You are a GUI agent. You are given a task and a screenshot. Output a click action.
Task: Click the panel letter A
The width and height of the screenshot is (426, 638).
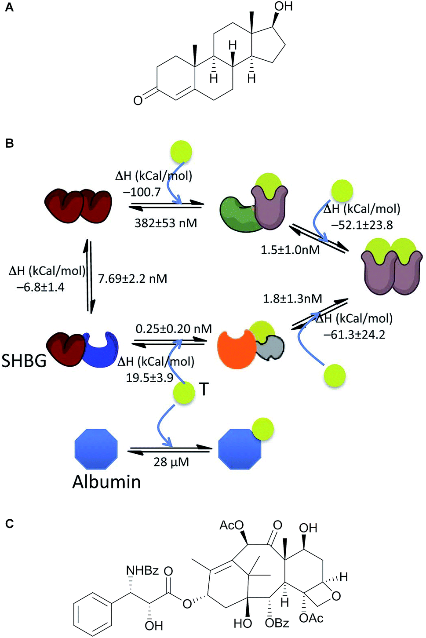point(9,7)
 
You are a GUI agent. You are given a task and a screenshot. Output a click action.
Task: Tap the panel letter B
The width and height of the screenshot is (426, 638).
point(9,144)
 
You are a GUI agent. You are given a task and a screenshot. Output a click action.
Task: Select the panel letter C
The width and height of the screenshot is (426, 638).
point(9,524)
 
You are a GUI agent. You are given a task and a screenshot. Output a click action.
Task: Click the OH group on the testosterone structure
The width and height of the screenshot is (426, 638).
point(283,7)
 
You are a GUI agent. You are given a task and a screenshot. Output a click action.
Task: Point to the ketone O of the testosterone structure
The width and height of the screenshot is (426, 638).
point(138,100)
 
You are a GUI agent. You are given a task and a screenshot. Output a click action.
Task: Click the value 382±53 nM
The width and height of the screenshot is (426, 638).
point(166,223)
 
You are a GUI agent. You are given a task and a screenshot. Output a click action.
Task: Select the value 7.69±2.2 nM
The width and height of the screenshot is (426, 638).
point(132,278)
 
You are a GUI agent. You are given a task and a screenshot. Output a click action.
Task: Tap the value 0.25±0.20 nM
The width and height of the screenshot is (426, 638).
point(174,328)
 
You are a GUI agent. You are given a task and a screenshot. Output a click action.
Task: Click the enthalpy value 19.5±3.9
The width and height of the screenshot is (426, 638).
point(149,378)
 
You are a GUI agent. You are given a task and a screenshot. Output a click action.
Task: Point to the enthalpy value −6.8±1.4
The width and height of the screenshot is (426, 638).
point(40,287)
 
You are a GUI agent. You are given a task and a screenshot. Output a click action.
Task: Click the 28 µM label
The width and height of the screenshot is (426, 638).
point(171,462)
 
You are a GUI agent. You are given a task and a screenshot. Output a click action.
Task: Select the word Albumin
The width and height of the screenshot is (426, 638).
point(106,482)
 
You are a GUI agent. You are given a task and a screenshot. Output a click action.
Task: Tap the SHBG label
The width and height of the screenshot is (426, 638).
point(24,361)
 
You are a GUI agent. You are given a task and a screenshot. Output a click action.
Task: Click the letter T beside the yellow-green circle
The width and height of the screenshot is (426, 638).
point(204,389)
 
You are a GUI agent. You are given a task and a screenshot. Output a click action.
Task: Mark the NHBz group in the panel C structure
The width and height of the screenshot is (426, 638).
point(142,570)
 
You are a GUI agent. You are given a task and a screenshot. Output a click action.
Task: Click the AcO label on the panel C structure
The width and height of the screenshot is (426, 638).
point(231,525)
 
